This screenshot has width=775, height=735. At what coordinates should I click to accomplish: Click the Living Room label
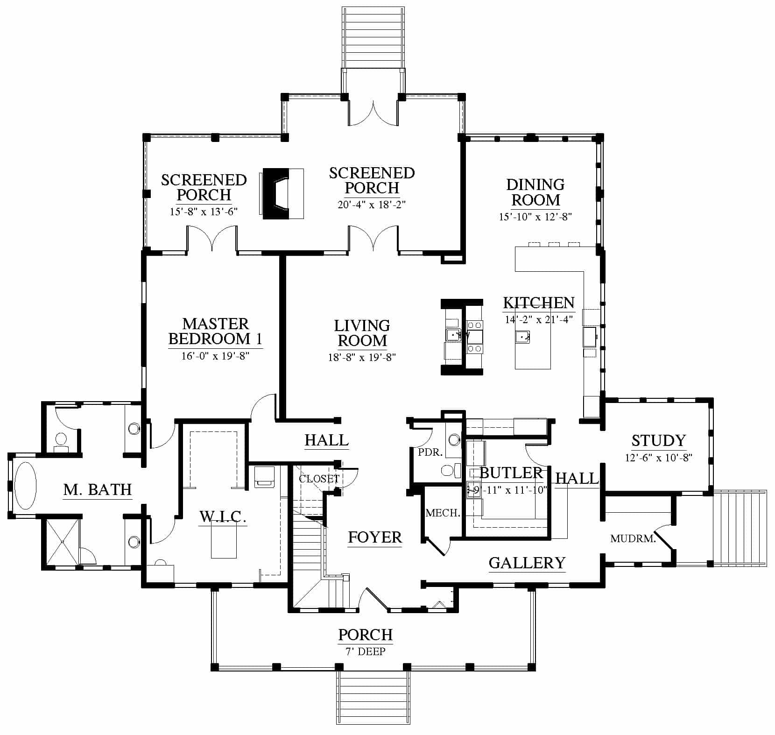[362, 333]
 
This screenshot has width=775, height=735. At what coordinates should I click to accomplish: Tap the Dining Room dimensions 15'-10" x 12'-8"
[535, 217]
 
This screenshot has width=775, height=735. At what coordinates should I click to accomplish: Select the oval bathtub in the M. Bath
[25, 486]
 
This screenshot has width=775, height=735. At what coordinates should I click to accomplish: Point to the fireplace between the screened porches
[283, 193]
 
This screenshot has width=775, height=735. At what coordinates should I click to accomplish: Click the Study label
[658, 440]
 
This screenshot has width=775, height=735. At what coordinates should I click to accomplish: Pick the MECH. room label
[443, 513]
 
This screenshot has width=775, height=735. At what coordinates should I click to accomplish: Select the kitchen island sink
[523, 336]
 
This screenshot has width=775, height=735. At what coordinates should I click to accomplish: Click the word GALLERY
[527, 563]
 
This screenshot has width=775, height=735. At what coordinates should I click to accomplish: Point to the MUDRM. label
[633, 539]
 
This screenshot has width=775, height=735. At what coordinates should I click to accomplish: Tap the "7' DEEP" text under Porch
[366, 651]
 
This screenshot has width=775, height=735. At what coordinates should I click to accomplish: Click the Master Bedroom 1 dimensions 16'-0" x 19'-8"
[215, 356]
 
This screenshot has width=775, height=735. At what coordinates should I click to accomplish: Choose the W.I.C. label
[222, 516]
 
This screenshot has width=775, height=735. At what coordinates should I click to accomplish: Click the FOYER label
[375, 537]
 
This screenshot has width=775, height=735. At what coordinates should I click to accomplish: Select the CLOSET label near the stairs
[319, 479]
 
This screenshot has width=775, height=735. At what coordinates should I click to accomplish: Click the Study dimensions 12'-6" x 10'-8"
[658, 458]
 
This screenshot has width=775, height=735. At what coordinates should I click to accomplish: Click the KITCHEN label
[539, 303]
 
